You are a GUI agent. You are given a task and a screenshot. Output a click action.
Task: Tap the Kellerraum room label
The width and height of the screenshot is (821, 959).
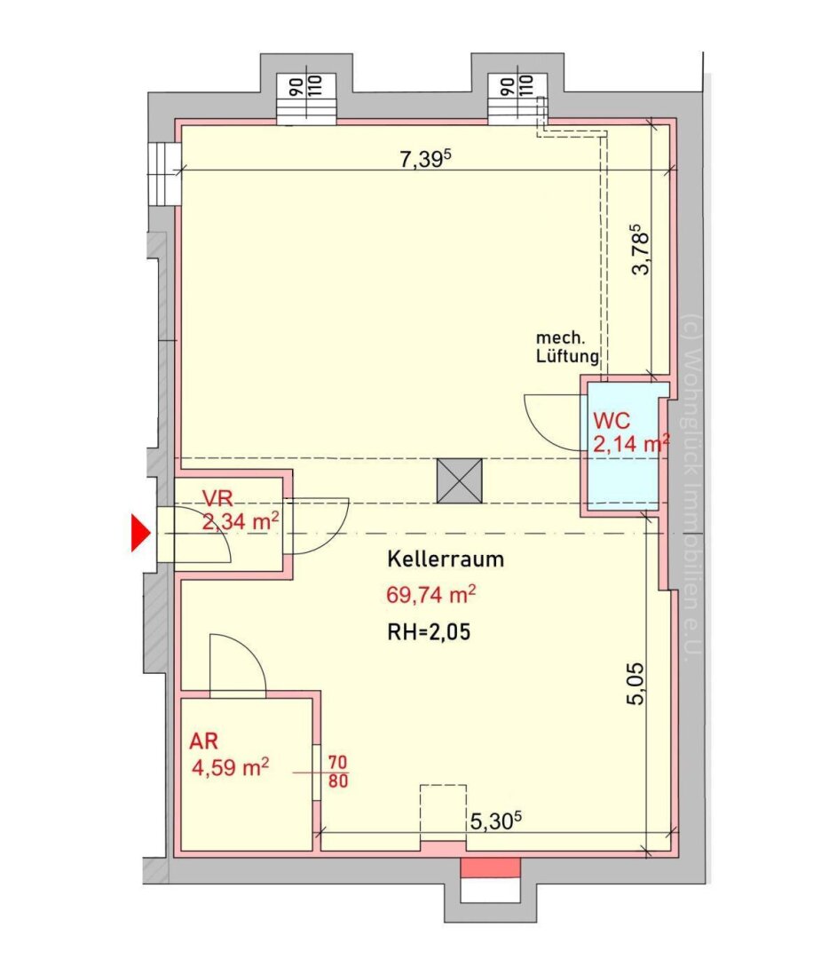click(446, 559)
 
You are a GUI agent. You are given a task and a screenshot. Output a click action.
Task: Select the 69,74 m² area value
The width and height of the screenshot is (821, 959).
click(431, 594)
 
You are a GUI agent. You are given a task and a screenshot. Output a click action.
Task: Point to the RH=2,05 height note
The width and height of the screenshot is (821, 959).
click(430, 632)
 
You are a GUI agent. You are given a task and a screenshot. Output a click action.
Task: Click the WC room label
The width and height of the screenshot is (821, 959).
click(612, 421)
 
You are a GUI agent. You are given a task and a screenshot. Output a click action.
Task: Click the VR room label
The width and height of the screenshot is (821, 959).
click(217, 498)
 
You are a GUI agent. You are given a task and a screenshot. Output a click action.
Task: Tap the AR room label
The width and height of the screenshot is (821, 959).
click(203, 741)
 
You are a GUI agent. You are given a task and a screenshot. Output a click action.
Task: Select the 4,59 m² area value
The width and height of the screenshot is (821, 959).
click(231, 767)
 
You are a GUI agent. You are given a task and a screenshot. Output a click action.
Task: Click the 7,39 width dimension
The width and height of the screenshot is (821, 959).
click(425, 158)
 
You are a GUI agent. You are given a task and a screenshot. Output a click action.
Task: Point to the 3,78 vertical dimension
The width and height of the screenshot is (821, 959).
click(641, 250)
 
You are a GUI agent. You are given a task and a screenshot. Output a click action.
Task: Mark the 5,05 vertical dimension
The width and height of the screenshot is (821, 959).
click(635, 684)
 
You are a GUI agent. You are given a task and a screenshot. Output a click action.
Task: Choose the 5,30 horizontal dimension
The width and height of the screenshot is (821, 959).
click(496, 820)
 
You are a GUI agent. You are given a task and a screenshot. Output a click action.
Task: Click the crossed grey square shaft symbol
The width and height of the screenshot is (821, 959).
click(459, 481)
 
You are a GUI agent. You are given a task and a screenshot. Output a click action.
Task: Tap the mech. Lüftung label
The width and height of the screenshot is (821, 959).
click(566, 347)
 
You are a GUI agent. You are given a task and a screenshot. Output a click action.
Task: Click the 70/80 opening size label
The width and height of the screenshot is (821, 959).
click(338, 772)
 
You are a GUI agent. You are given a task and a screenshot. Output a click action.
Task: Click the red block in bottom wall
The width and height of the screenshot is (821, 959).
click(490, 868)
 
